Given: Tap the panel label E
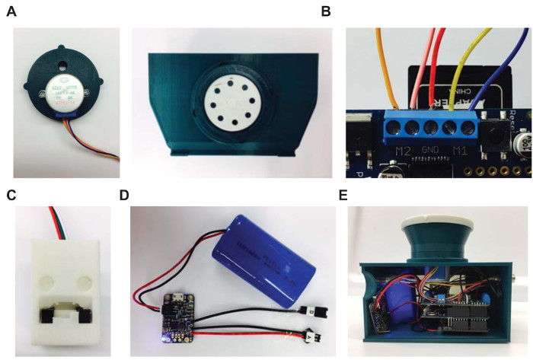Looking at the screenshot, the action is pos(343,195).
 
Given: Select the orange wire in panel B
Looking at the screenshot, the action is pos(386,68).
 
